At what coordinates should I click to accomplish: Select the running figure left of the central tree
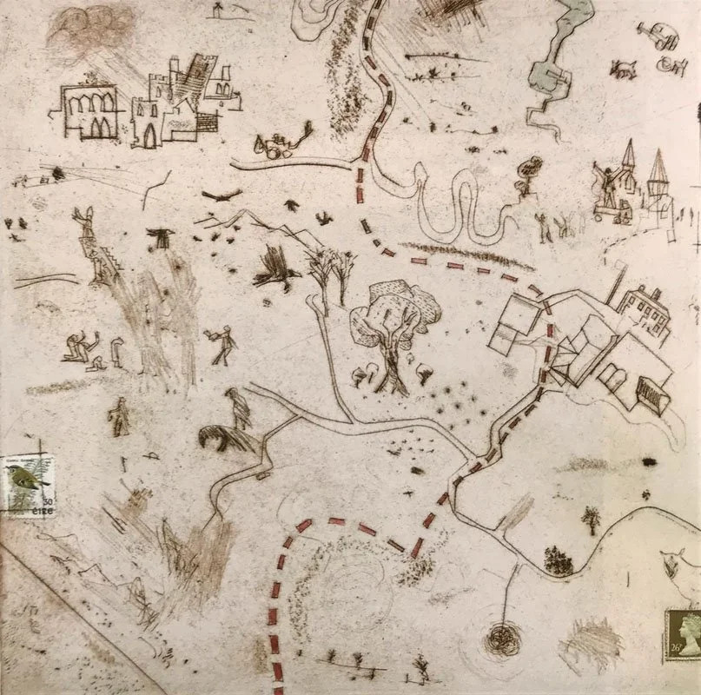click(223, 344)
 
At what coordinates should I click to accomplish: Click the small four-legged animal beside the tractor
click(623, 69)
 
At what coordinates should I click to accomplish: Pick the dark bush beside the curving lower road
click(558, 561)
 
